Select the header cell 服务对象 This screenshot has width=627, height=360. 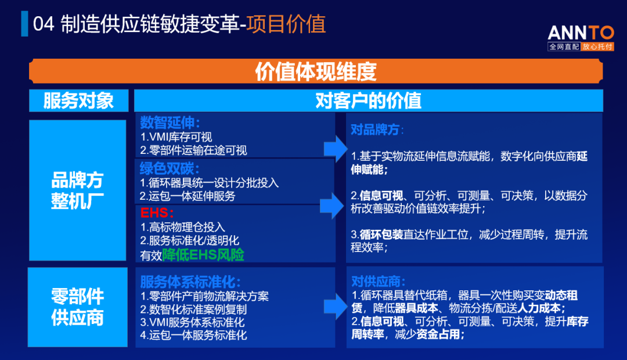[78, 100]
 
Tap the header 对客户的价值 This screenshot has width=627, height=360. [368, 100]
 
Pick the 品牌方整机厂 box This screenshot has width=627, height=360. [78, 190]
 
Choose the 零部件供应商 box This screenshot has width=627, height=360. [78, 307]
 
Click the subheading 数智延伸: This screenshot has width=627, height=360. [170, 123]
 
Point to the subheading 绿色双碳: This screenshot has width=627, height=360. [170, 168]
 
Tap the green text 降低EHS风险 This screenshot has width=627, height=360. [203, 254]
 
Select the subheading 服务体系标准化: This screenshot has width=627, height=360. [190, 282]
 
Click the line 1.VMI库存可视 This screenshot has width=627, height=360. [176, 137]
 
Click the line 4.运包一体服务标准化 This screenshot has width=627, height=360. [193, 335]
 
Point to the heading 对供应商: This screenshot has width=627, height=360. [378, 282]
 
